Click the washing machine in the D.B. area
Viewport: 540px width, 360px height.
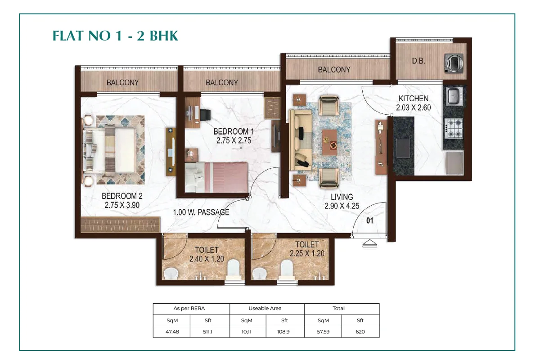(454, 63)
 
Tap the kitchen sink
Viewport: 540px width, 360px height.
(454, 96)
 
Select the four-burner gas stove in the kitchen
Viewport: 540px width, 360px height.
(454, 129)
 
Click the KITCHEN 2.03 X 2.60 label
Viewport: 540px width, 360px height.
(414, 103)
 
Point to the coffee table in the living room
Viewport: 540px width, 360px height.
(330, 142)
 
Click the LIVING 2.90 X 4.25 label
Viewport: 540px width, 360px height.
(342, 202)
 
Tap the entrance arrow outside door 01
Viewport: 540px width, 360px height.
(369, 243)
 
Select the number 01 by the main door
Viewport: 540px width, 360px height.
(370, 220)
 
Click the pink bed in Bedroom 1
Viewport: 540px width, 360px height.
(216, 177)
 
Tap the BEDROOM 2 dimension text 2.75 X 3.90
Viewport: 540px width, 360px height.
(122, 205)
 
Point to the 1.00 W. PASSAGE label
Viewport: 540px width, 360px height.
(201, 212)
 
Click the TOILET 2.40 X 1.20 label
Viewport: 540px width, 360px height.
(207, 254)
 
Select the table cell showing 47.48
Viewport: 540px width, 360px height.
(171, 332)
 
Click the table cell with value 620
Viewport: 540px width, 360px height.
(360, 332)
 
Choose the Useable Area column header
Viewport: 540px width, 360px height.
(265, 308)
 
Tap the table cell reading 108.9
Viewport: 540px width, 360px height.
(283, 332)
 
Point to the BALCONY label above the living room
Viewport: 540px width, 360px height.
(334, 70)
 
